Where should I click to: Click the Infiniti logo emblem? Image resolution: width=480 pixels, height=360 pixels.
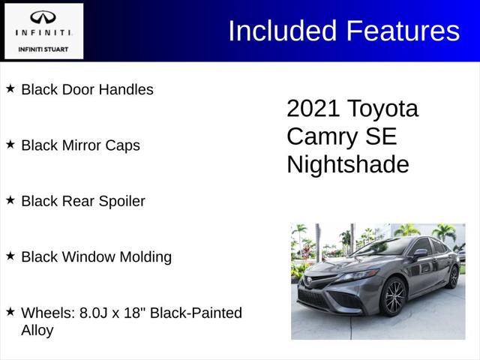click(43, 17)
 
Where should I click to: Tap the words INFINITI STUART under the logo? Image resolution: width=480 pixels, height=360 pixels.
click(43, 49)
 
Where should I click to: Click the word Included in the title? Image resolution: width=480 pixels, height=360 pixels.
click(283, 31)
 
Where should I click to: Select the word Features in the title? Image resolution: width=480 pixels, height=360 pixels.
click(403, 31)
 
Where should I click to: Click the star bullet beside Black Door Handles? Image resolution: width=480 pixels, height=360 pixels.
click(10, 88)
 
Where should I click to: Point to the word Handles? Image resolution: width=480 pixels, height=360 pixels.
click(126, 89)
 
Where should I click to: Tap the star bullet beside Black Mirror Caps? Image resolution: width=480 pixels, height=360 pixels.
click(10, 144)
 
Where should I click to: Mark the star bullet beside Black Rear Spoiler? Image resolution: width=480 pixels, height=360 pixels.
click(10, 200)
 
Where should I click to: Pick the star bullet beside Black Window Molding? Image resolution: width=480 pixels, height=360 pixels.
click(10, 256)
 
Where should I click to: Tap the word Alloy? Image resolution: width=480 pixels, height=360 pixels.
click(37, 330)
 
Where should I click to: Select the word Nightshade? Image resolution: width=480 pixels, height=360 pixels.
click(348, 164)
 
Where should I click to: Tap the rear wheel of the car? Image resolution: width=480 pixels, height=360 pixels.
click(453, 277)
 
